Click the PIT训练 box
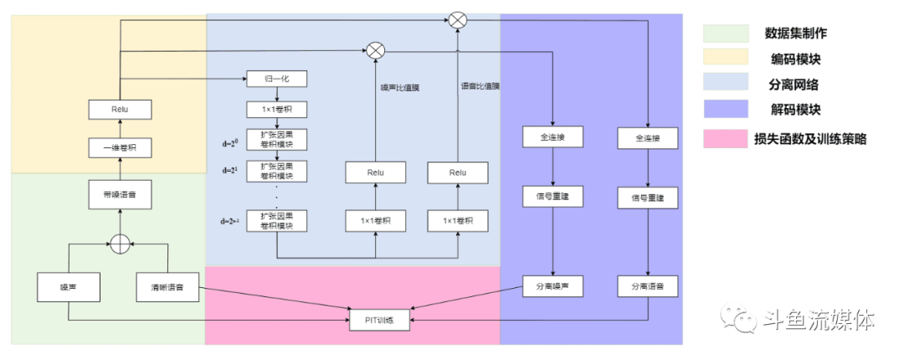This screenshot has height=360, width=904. coord(379,319)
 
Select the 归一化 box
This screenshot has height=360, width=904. coord(277,80)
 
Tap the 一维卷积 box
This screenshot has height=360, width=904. coord(120,148)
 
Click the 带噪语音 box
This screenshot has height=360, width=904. coord(120,195)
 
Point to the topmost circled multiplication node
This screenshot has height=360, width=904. coord(457,19)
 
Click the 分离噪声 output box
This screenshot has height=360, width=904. coord(552,287)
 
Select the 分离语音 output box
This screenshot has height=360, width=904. coord(648,287)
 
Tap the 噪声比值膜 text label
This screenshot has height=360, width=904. coord(398,86)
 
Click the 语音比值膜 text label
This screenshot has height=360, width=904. coord(480,86)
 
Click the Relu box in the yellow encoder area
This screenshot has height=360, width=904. coord(120,109)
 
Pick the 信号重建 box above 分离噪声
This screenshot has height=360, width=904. coord(552,198)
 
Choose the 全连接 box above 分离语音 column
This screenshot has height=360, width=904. coord(648,137)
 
